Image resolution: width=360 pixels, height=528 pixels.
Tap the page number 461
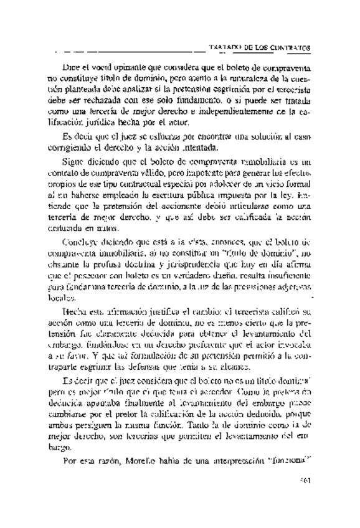[x=305, y=498]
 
